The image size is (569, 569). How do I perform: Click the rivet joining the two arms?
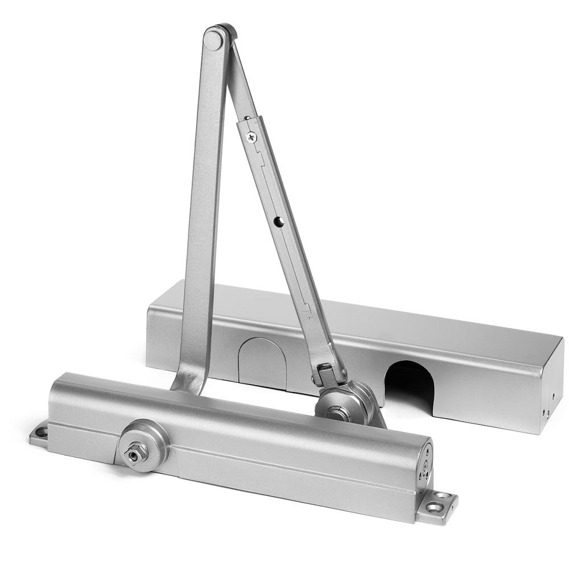click(x=215, y=40)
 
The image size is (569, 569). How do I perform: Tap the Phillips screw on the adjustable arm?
click(x=251, y=137)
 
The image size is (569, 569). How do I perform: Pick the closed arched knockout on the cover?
click(x=261, y=362)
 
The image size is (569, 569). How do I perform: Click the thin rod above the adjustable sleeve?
click(x=239, y=80)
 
